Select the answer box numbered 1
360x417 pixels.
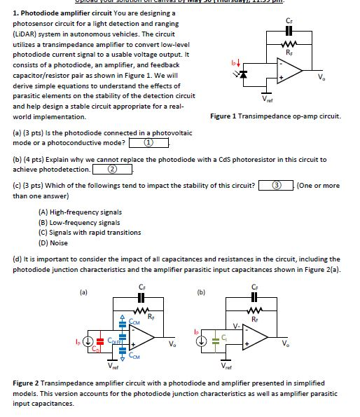149,143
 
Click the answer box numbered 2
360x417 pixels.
112,169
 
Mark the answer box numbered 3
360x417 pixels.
276,186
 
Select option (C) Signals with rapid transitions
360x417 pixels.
90,232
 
